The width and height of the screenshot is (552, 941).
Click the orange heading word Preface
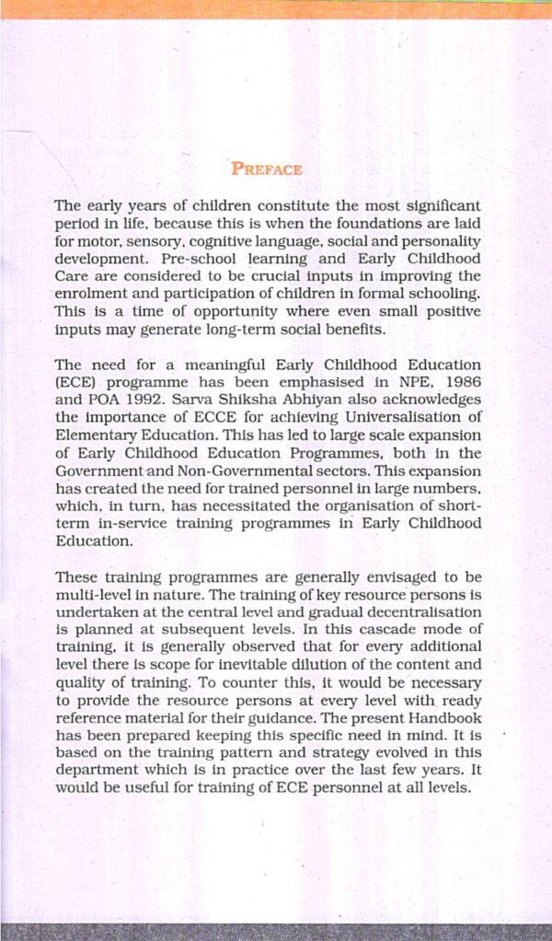click(267, 169)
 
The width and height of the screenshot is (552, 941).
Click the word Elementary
click(95, 435)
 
